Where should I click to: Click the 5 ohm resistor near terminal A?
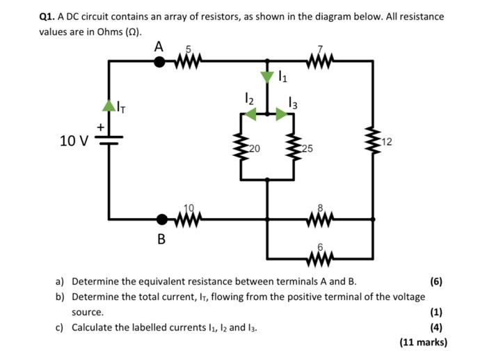coord(186,62)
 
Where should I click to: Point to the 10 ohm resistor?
coord(189,219)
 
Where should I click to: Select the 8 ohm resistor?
coord(321,219)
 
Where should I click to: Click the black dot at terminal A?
coord(159,61)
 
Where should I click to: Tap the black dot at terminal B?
coord(161,220)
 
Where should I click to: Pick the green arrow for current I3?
coord(282,114)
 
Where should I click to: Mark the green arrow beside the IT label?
coord(109,105)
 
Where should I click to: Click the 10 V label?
coord(74,141)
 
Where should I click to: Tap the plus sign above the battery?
coord(101,127)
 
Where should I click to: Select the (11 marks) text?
coord(423,342)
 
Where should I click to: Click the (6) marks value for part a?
coord(436,282)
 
